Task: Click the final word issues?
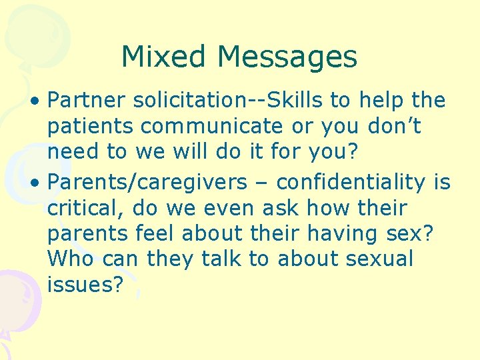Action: tap(85, 285)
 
